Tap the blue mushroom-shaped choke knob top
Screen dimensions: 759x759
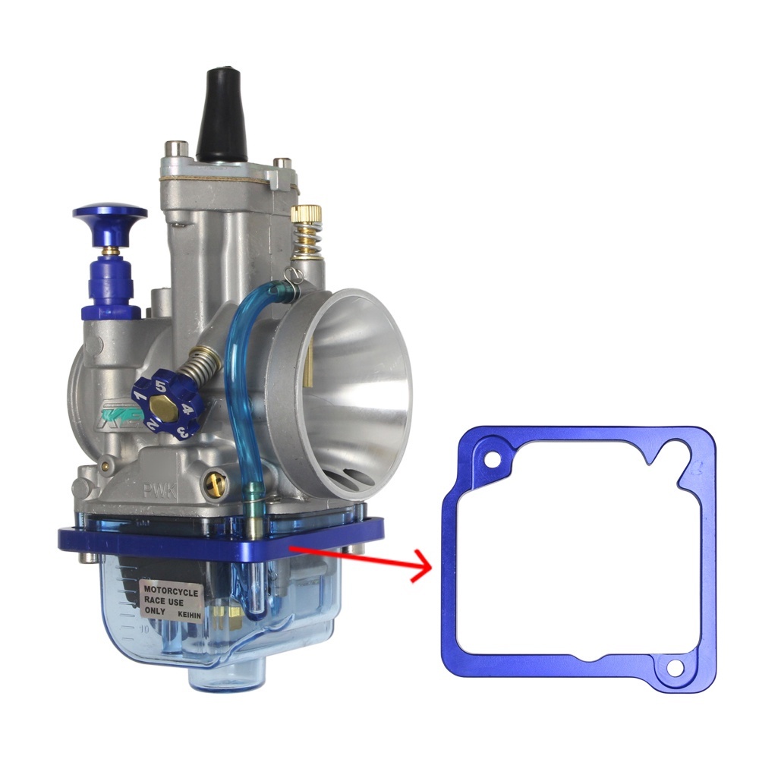pos(109,216)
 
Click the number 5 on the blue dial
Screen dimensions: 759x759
pos(161,386)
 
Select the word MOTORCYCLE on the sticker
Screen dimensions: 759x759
pos(172,591)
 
